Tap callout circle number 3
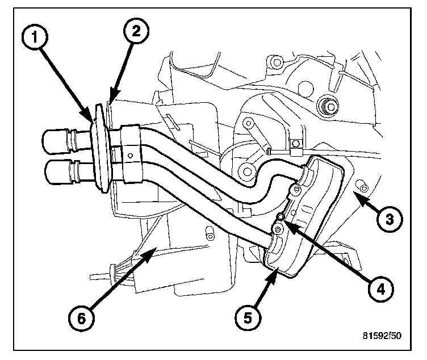[390, 217]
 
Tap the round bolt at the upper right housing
[328, 106]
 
